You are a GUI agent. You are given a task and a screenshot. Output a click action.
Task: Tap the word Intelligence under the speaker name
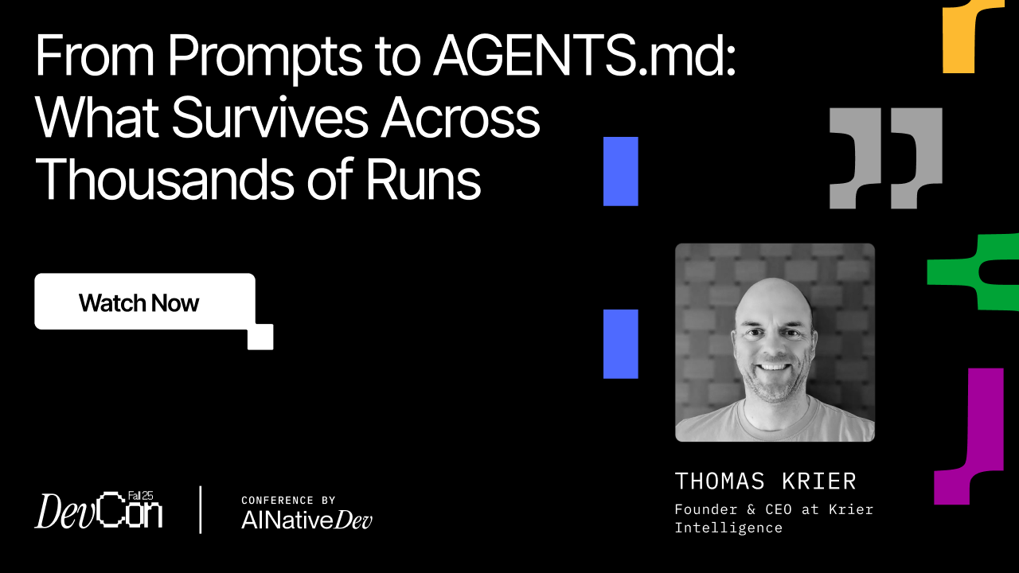tap(728, 528)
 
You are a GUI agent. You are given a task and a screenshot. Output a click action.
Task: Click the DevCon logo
tap(99, 510)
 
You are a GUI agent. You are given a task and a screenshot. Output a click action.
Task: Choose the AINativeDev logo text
tap(306, 520)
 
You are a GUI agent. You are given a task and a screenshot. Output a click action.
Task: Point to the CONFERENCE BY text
tap(288, 501)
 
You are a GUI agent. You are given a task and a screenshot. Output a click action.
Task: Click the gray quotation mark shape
tap(884, 158)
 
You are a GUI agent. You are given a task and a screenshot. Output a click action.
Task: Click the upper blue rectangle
tap(621, 171)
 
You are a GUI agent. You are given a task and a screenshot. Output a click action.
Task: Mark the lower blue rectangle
tap(621, 344)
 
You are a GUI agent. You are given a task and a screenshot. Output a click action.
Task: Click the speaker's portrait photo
tap(775, 342)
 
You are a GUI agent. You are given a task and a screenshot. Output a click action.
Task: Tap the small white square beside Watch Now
tap(260, 337)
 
